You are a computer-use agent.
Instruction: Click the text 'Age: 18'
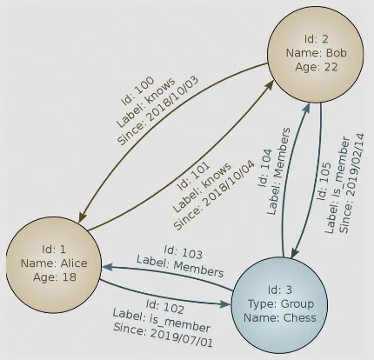50,277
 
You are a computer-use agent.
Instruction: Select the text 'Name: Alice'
50,261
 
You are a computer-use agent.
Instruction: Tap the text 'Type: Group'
290,304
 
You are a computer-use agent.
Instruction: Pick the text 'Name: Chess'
290,320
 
